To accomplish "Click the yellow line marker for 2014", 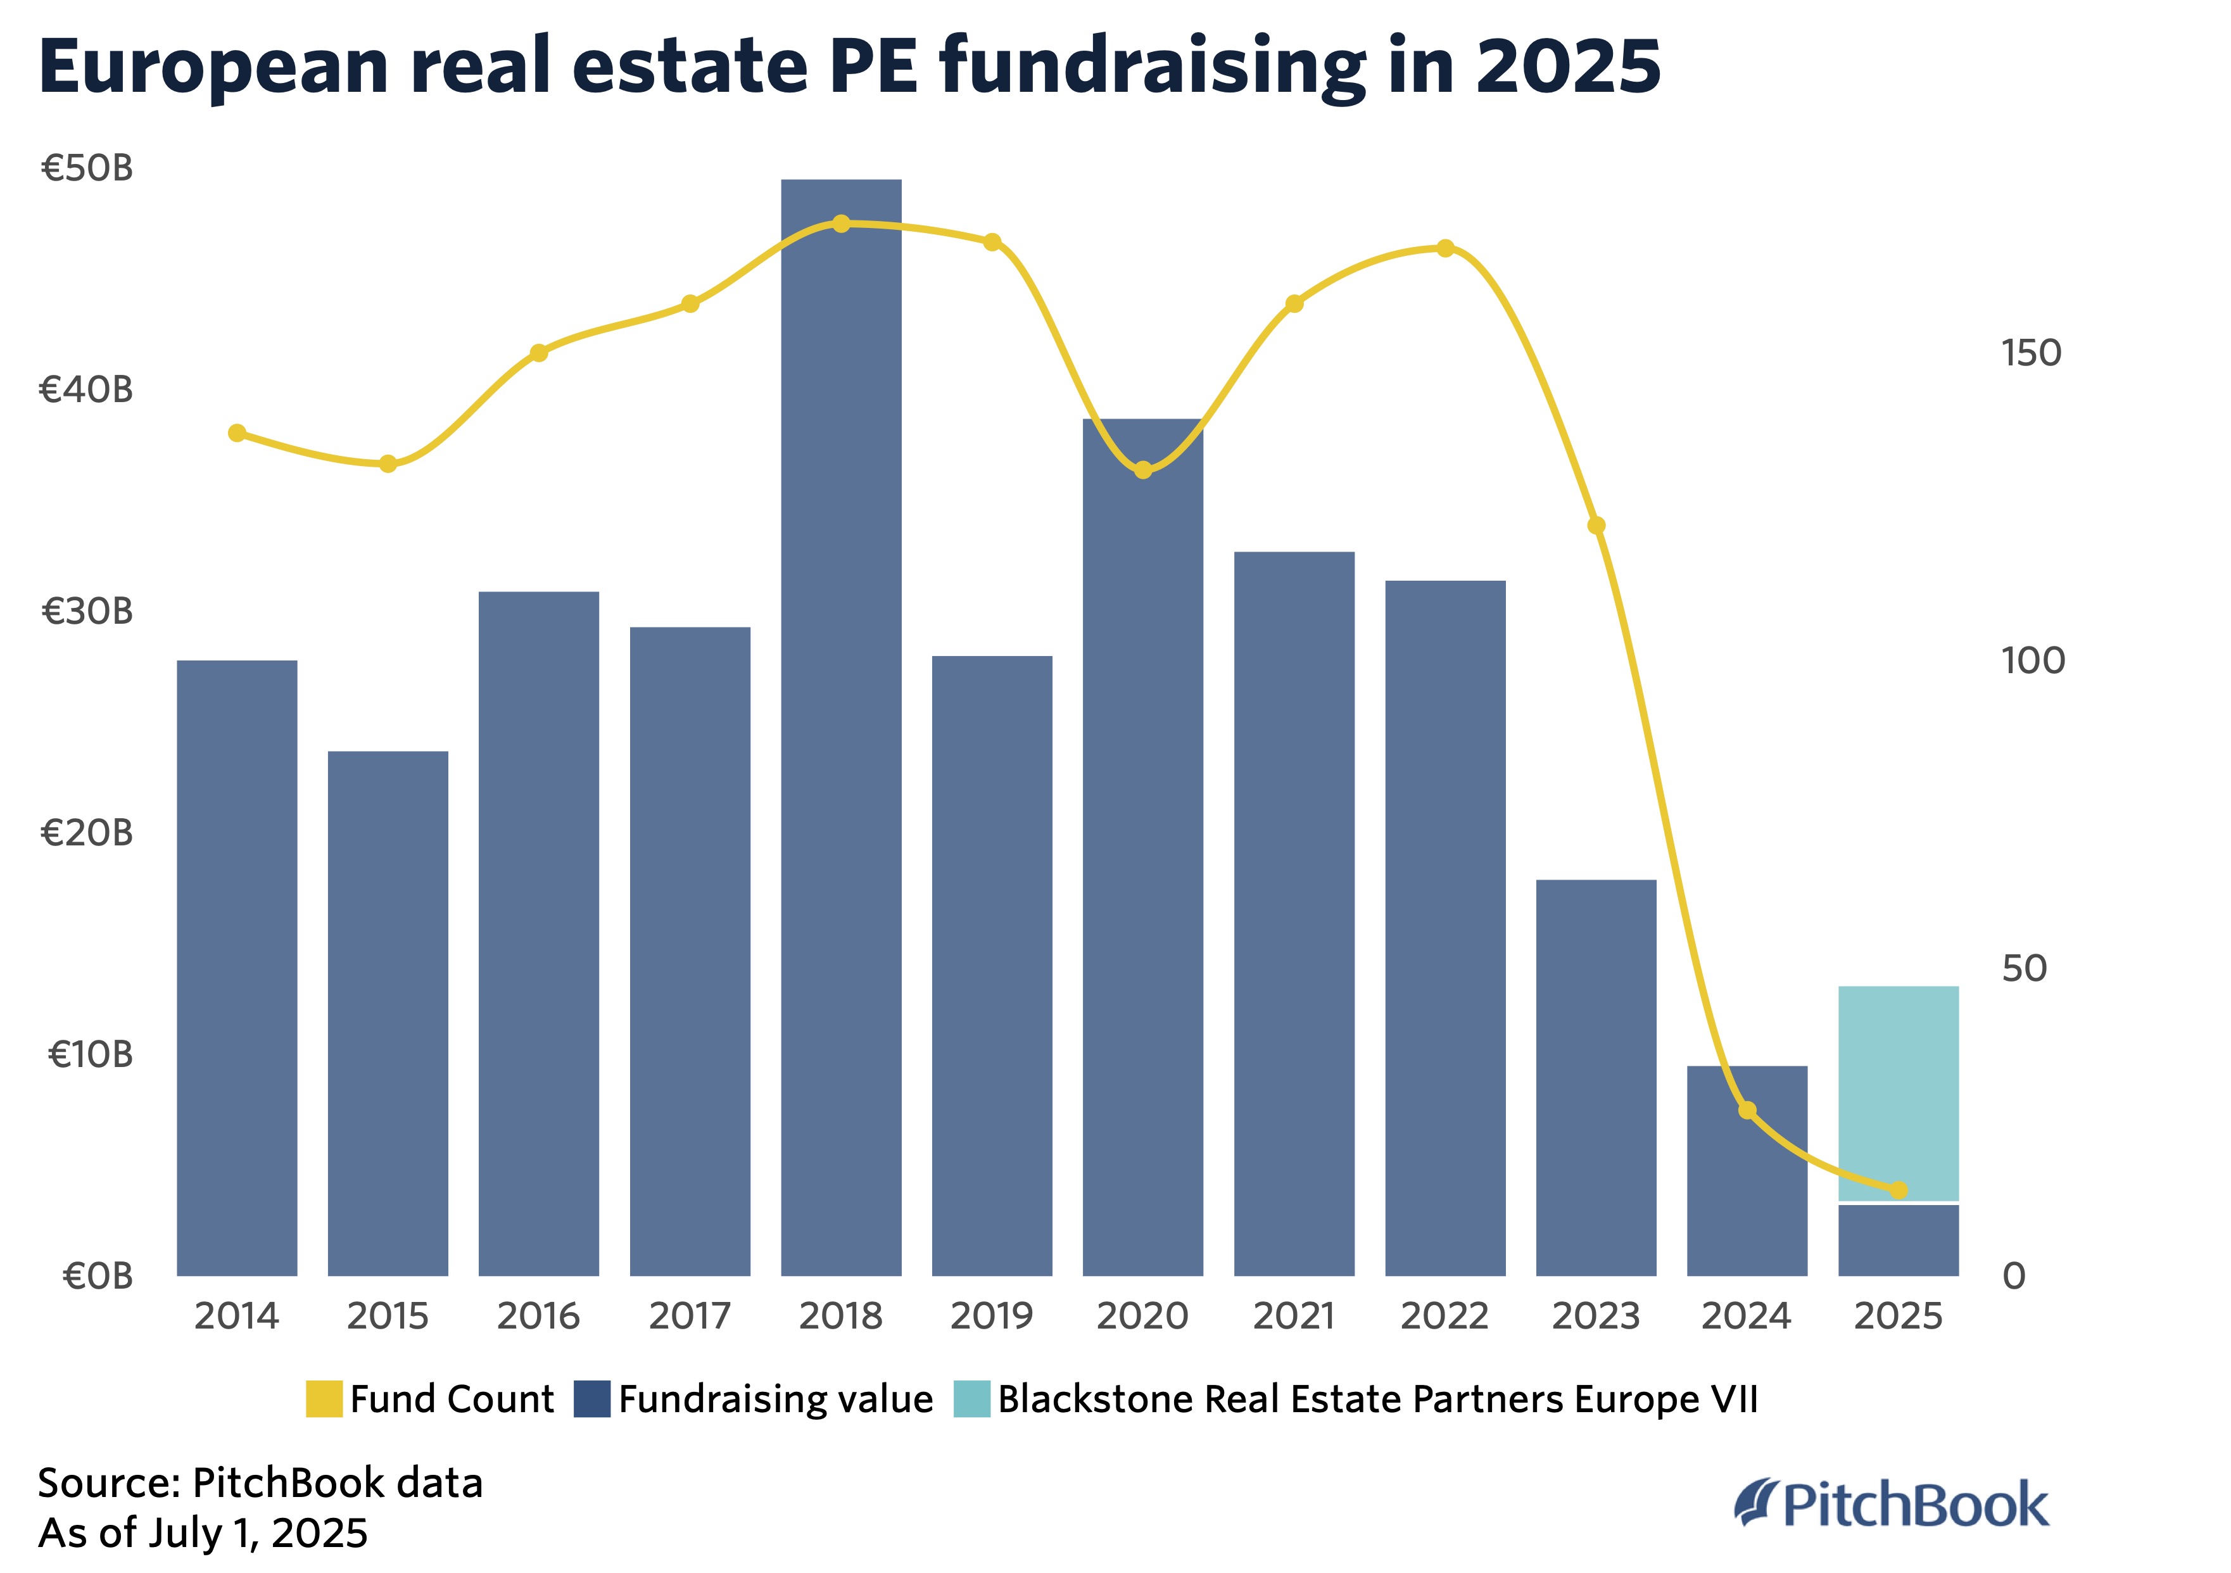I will pos(237,433).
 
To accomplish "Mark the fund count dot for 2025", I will pos(1899,1190).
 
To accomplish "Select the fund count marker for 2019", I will pos(992,242).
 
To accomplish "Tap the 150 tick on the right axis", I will pos(2031,353).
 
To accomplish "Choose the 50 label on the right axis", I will pos(2024,969).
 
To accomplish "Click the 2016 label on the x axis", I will pos(538,1317).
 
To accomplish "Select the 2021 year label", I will pos(1293,1317).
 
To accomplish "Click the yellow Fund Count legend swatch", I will pos(324,1399).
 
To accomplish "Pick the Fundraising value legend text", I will pos(775,1399).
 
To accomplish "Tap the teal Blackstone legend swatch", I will pos(971,1399).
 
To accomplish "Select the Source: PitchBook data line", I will pos(260,1484).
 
